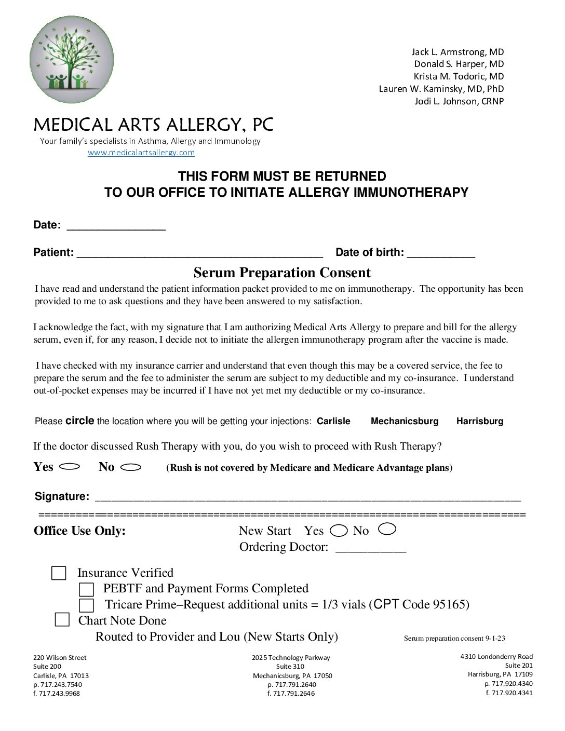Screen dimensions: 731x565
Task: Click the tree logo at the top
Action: coord(72,59)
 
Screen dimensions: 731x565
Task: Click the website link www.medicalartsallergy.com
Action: coord(141,153)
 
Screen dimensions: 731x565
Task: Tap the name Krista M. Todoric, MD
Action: coord(459,76)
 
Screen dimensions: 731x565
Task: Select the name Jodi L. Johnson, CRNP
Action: coord(459,101)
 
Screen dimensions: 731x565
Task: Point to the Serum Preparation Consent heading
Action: coord(282,273)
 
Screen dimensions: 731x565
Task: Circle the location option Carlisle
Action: coord(333,421)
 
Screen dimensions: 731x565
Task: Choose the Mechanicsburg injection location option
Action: coord(405,421)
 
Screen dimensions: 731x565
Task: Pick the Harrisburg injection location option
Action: coord(480,421)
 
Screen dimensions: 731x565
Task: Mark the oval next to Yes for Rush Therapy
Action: coord(70,467)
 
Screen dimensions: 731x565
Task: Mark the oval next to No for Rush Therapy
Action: coord(131,467)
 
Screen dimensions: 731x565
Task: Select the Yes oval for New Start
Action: coord(339,531)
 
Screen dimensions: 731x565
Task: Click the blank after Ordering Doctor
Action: coord(371,548)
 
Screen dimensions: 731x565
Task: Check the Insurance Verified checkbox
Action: coord(59,573)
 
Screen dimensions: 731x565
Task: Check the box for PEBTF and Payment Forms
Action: coord(86,589)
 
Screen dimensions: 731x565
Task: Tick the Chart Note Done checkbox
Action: coord(62,620)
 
